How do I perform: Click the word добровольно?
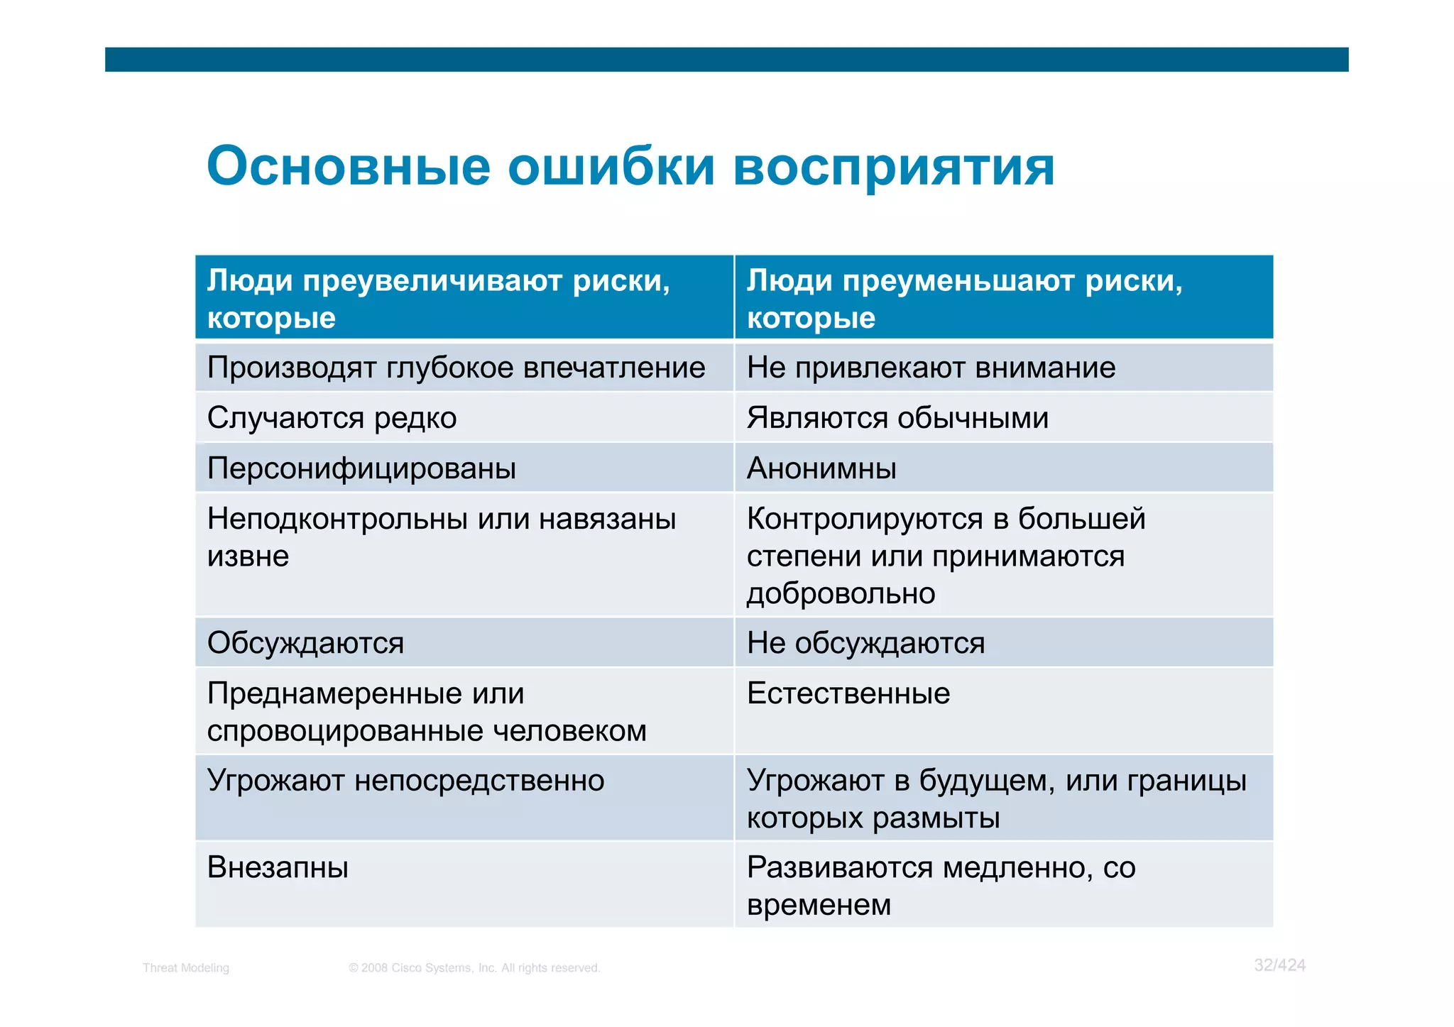pyautogui.click(x=841, y=593)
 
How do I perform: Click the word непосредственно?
pyautogui.click(x=479, y=781)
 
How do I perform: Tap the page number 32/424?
pyautogui.click(x=1279, y=965)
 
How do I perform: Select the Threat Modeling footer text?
pyautogui.click(x=186, y=968)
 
